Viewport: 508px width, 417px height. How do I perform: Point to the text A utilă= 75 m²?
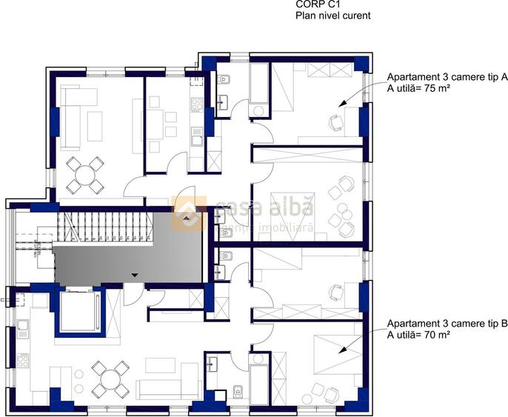tap(420, 88)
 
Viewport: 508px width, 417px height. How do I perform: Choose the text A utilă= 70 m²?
tap(420, 335)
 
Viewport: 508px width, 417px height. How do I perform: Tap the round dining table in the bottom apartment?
tap(110, 378)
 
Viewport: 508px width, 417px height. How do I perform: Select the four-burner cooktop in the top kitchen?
tap(197, 105)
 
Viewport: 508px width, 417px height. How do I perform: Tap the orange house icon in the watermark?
tap(188, 212)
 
